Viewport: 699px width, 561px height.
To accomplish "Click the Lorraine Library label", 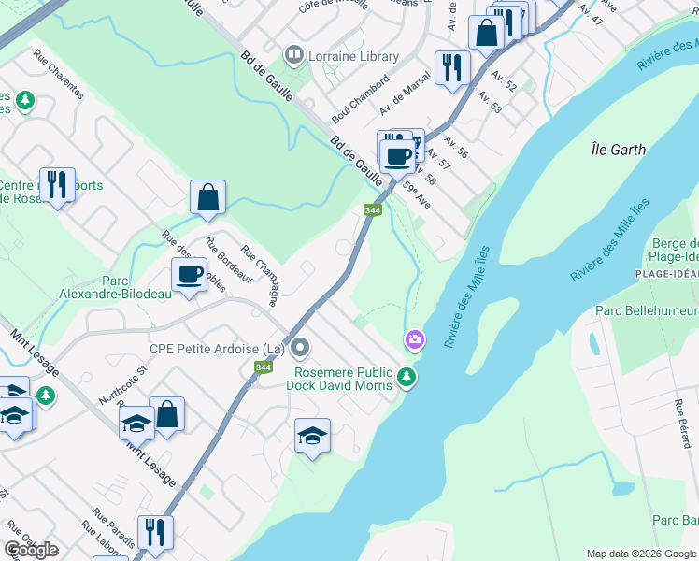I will (x=354, y=56).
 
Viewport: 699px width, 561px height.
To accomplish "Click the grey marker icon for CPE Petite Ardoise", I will (x=300, y=349).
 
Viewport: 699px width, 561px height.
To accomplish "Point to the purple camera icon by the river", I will (x=413, y=338).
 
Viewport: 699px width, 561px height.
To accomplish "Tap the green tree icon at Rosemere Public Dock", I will (x=406, y=378).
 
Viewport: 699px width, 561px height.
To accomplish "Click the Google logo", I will (x=32, y=550).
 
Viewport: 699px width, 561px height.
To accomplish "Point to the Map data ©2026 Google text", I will (x=640, y=554).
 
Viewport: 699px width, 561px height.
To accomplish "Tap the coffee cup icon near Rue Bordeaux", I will (x=189, y=275).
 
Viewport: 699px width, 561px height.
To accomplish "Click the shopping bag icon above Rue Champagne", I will (x=207, y=196).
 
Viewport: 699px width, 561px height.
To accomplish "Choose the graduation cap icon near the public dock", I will (x=312, y=435).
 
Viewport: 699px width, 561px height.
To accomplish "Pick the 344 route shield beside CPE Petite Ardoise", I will (x=263, y=368).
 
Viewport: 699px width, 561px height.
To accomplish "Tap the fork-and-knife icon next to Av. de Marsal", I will (x=449, y=67).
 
